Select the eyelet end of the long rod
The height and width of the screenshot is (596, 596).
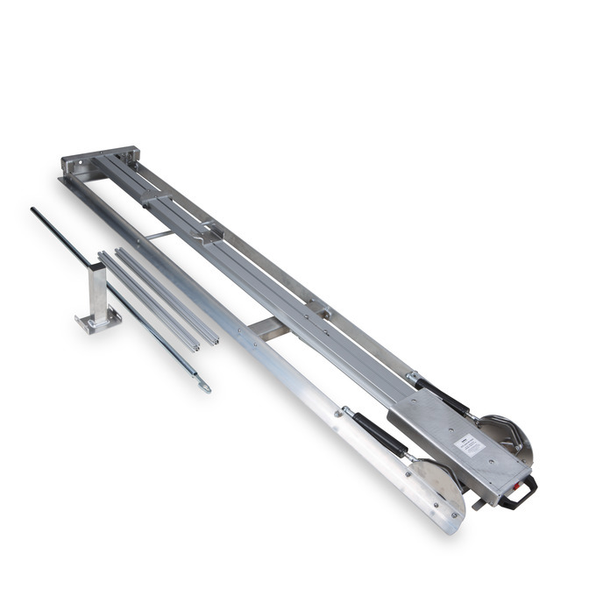[203, 384]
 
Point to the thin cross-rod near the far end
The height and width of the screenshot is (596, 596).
[160, 235]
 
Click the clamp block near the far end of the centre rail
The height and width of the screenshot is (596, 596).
[158, 203]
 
